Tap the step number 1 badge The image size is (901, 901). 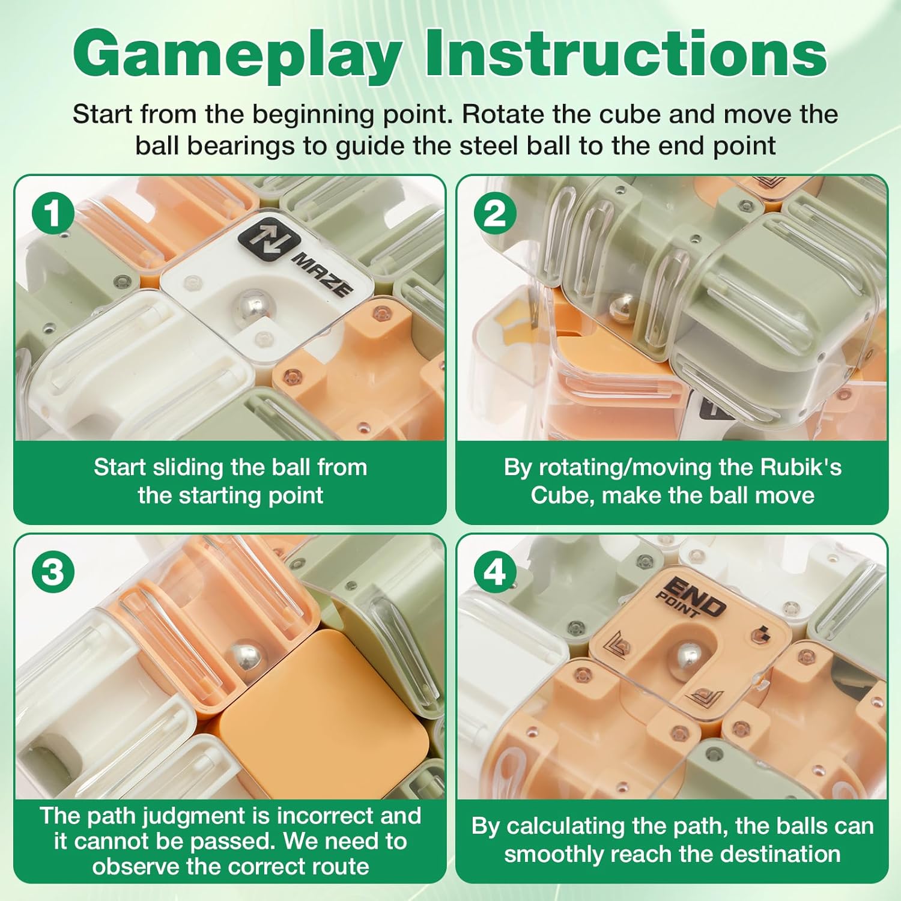[x=53, y=214]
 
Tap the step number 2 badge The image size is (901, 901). [x=494, y=214]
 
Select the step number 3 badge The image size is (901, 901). [x=53, y=571]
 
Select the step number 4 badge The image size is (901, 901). [x=494, y=571]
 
